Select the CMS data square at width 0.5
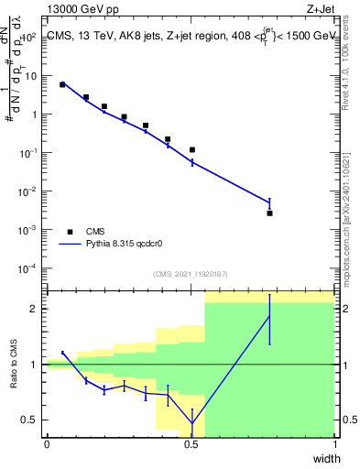point(191,149)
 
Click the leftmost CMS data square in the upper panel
point(62,84)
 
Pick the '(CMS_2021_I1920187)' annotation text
point(190,274)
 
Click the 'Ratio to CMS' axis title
point(14,365)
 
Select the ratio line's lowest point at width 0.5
point(191,424)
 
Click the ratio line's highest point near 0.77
point(269,317)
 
